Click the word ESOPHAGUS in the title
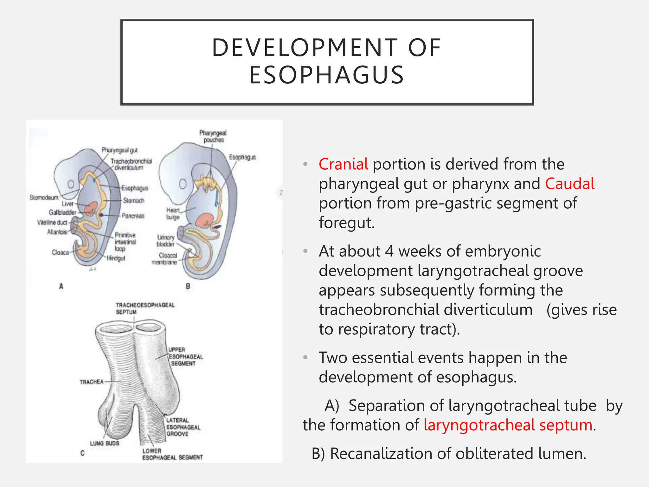(326, 75)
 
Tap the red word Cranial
(343, 164)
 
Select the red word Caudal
(569, 184)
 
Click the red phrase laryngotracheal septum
(508, 425)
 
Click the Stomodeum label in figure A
(44, 198)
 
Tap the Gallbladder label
(62, 212)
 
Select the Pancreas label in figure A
(133, 216)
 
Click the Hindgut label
(116, 258)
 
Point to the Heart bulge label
(173, 213)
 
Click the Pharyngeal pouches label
(213, 136)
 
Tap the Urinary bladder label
(165, 241)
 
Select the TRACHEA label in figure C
(91, 382)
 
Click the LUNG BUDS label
(104, 443)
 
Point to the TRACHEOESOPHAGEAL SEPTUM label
(145, 308)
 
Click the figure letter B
(188, 286)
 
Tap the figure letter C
(82, 453)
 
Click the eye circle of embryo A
(71, 184)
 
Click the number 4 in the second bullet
(389, 251)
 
